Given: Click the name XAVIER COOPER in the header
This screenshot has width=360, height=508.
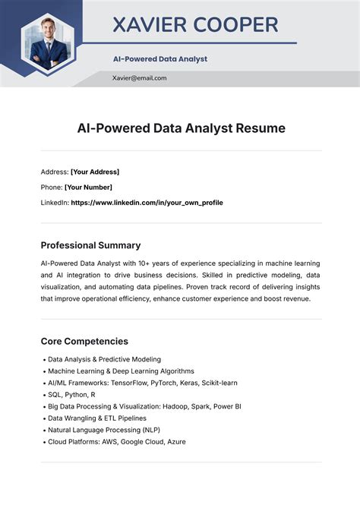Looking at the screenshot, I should tap(195, 25).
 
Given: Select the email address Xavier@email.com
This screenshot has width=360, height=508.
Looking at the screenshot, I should tap(139, 77).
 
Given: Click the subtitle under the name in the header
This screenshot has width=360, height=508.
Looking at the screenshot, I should tap(159, 58).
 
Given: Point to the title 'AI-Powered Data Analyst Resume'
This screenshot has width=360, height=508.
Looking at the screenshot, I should tap(181, 128).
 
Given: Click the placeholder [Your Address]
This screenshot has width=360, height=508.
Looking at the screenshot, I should tap(95, 172).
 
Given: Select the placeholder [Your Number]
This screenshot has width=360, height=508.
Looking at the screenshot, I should tap(88, 187).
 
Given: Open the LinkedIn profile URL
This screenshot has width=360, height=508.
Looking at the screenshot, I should tap(147, 203).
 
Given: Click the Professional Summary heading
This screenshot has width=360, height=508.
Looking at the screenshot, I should tap(90, 245).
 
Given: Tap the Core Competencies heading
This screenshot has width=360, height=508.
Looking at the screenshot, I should tap(84, 341).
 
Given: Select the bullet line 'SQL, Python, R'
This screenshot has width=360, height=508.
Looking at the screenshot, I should tap(71, 395).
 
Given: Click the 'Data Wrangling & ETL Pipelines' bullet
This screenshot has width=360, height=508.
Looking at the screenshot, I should tap(96, 418).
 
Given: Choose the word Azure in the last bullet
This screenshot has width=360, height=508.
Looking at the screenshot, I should tap(175, 441).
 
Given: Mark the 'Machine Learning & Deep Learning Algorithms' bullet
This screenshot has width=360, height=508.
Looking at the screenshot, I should tap(120, 371).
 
